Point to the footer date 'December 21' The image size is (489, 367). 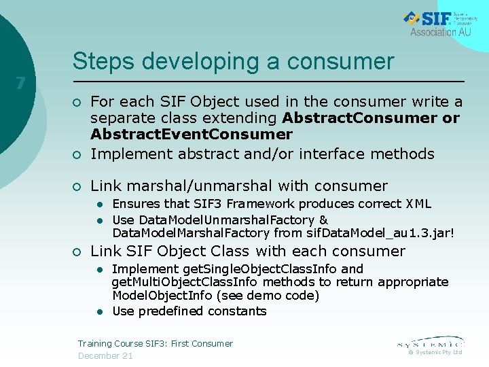point(105,355)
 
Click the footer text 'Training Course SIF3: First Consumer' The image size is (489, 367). point(156,343)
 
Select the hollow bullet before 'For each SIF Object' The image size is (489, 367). point(77,103)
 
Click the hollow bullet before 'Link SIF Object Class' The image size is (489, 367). point(77,251)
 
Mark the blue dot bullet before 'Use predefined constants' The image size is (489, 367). point(99,312)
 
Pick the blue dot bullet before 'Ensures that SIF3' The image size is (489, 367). point(99,205)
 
